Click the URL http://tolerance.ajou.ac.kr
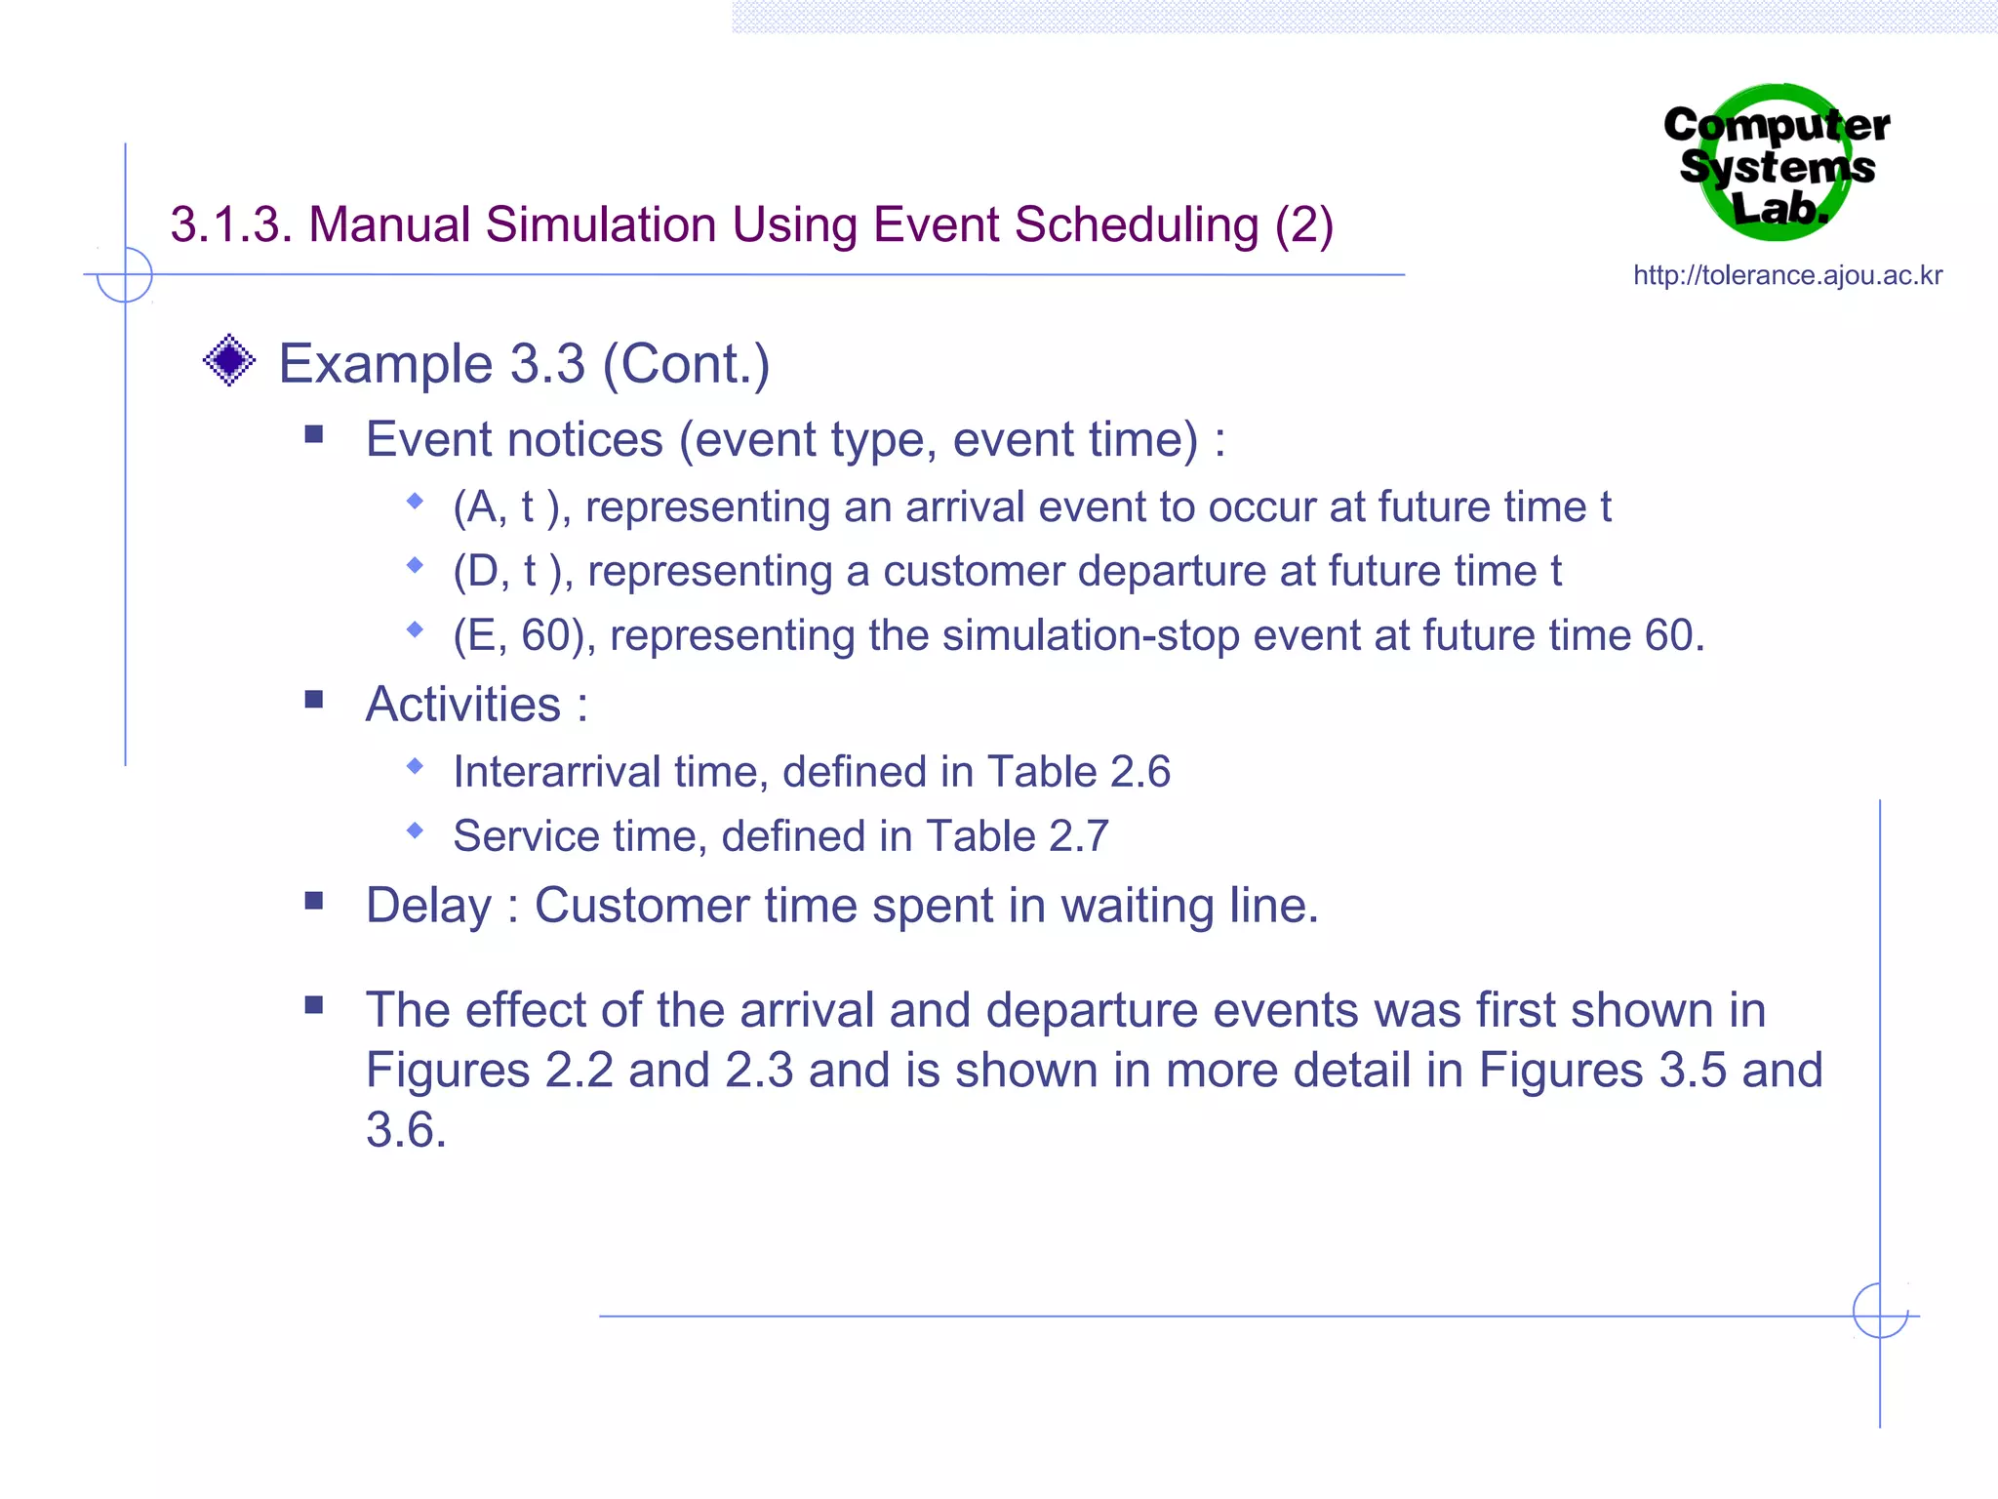tap(1787, 275)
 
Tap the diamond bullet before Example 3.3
tap(229, 361)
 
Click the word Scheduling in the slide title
tap(1137, 224)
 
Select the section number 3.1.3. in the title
tap(232, 224)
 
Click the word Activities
tap(463, 704)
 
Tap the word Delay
tap(428, 906)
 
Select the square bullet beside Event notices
tap(313, 434)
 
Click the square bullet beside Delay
tap(313, 901)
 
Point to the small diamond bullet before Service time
tap(416, 831)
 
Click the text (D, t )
tap(510, 571)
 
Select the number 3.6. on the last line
tap(406, 1130)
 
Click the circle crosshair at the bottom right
tap(1880, 1311)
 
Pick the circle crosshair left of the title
tap(125, 274)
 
